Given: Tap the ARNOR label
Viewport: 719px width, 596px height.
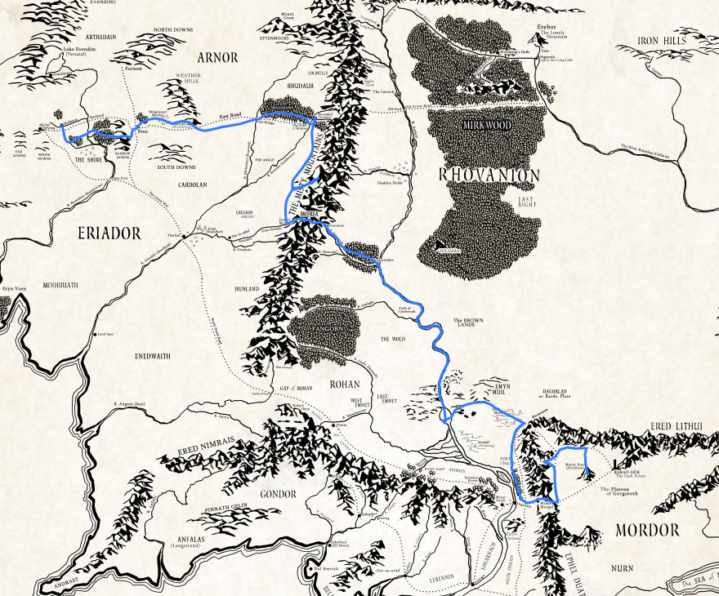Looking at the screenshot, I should [x=218, y=58].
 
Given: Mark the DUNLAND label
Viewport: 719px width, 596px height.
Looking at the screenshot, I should [x=246, y=289].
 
